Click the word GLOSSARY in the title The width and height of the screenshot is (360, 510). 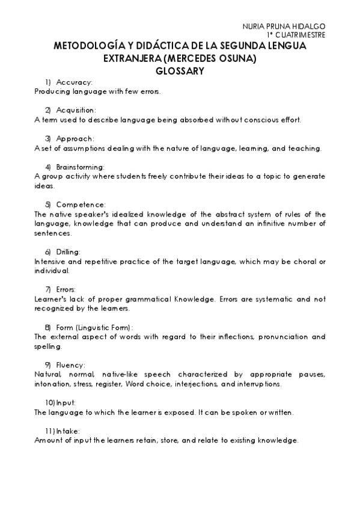pos(180,70)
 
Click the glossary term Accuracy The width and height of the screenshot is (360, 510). pos(74,82)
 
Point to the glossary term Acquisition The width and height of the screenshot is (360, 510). pos(76,110)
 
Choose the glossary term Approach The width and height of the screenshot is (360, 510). pos(75,138)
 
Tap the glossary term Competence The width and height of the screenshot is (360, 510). pos(81,204)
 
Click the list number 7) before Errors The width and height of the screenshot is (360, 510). pos(47,289)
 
